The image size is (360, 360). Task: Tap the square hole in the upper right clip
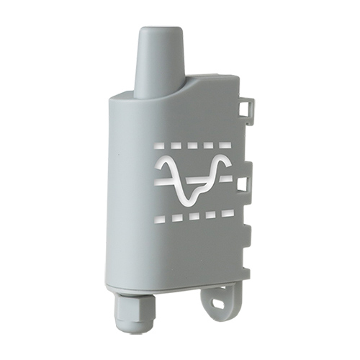pyautogui.click(x=246, y=109)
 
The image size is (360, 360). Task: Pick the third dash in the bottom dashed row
pyautogui.click(x=195, y=215)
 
